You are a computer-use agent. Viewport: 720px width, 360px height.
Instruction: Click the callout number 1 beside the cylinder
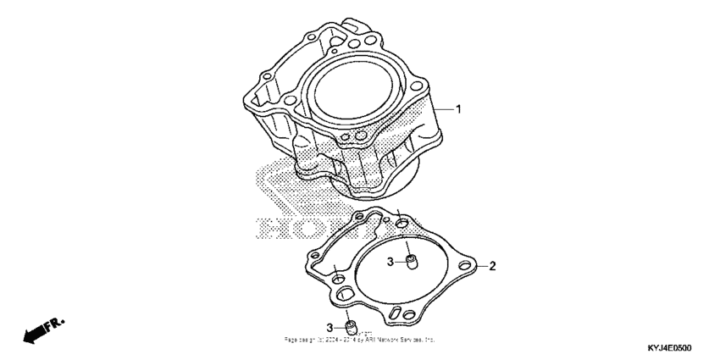coord(458,109)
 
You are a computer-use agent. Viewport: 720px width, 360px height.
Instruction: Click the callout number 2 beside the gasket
coord(492,266)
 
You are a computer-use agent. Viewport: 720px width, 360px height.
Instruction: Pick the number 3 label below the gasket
coord(330,327)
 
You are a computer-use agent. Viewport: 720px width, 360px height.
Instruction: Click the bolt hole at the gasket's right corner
coord(464,268)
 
